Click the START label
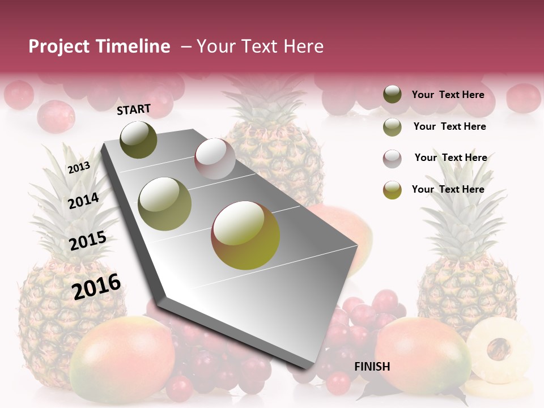(x=134, y=109)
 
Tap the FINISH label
(x=372, y=367)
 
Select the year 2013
(x=79, y=167)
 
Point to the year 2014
(x=83, y=201)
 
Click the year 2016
(x=96, y=286)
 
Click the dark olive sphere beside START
(x=139, y=139)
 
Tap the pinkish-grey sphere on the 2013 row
(x=215, y=159)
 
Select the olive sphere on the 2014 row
(x=165, y=204)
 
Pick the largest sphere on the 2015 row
(x=245, y=235)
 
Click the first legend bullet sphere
(x=392, y=95)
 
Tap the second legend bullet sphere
(x=392, y=127)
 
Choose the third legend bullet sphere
(x=392, y=159)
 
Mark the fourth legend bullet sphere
(x=392, y=190)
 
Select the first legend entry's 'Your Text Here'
(x=448, y=95)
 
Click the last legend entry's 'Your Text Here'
(x=448, y=189)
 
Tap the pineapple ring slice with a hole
(x=499, y=347)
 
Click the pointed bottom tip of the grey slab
(x=309, y=367)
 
